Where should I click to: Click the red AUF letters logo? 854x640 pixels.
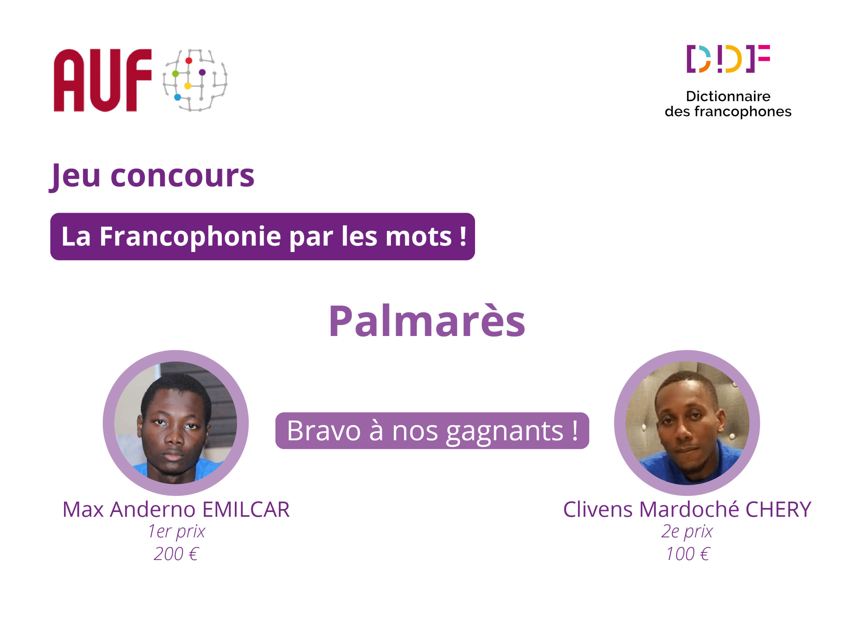pyautogui.click(x=102, y=80)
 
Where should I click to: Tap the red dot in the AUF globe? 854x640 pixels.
pyautogui.click(x=189, y=61)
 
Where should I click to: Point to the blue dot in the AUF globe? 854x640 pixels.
pyautogui.click(x=177, y=97)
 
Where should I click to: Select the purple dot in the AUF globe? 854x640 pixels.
pyautogui.click(x=202, y=72)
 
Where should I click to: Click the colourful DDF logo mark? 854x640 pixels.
pyautogui.click(x=728, y=59)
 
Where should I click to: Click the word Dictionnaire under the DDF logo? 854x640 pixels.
pyautogui.click(x=728, y=96)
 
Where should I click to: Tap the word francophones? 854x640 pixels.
pyautogui.click(x=743, y=111)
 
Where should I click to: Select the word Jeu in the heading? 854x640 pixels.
pyautogui.click(x=76, y=176)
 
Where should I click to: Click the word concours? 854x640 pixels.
pyautogui.click(x=182, y=176)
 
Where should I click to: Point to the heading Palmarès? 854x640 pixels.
pyautogui.click(x=427, y=321)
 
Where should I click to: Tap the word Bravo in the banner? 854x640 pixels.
pyautogui.click(x=324, y=431)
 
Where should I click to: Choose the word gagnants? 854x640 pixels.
pyautogui.click(x=505, y=431)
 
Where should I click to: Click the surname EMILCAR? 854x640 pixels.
pyautogui.click(x=246, y=509)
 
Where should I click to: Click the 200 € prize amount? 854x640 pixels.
pyautogui.click(x=176, y=554)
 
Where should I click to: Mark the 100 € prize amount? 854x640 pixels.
pyautogui.click(x=688, y=554)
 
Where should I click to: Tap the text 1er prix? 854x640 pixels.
pyautogui.click(x=176, y=532)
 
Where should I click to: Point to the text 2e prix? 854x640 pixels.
pyautogui.click(x=687, y=532)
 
